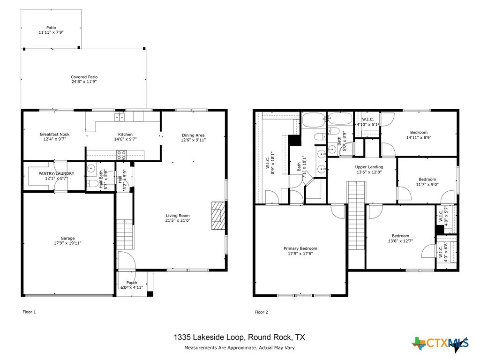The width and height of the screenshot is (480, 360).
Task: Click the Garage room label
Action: pos(67,238)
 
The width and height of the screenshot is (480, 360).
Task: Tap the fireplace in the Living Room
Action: pos(218,216)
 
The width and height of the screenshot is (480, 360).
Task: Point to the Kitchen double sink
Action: pos(120,117)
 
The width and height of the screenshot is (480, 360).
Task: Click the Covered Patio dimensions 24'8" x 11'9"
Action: pos(84,82)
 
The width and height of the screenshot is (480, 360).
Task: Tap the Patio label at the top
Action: pos(51,28)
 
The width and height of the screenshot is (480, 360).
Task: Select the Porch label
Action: pos(132,283)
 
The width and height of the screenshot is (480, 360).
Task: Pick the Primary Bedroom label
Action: pos(300,248)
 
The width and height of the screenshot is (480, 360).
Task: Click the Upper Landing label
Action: pos(369,167)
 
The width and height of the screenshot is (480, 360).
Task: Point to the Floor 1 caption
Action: pos(29,312)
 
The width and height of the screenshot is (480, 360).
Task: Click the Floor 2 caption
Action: pos(261,312)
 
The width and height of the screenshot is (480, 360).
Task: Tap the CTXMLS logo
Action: pos(440,344)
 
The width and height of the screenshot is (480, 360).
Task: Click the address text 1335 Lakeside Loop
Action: pos(209,337)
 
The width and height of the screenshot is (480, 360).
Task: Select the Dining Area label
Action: pos(193,135)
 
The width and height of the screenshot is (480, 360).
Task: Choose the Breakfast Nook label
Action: pos(55,135)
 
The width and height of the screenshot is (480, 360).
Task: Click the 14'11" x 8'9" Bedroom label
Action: pos(419,135)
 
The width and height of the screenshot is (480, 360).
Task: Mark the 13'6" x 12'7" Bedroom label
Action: pos(400,238)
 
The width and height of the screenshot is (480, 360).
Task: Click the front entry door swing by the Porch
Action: pos(126,260)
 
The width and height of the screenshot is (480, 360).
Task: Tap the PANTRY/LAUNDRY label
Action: pos(56,173)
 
